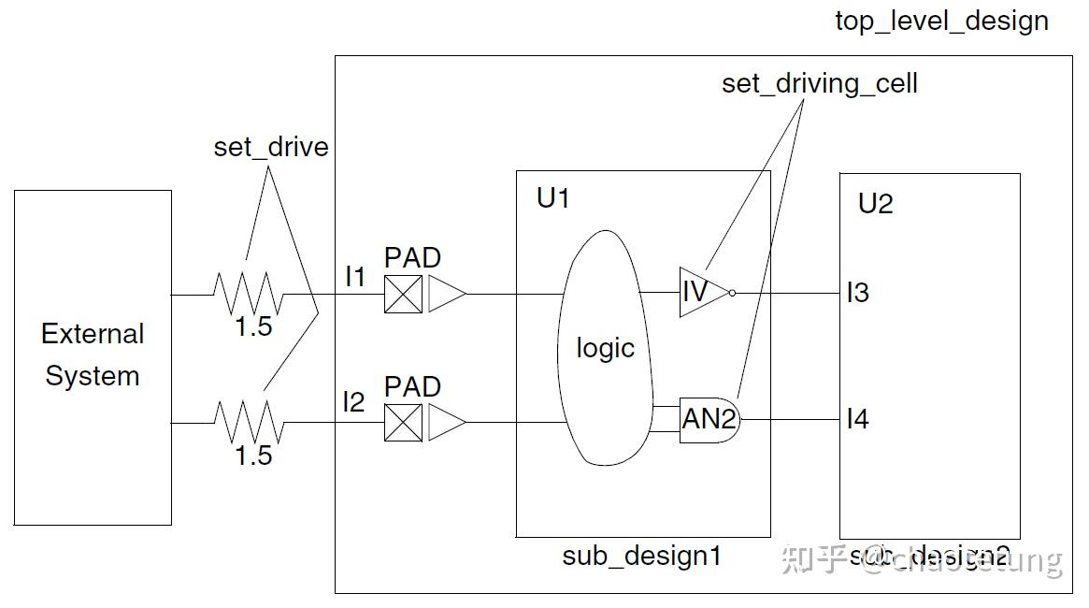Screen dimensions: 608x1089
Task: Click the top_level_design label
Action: (941, 22)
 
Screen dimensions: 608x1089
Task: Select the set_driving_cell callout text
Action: (819, 83)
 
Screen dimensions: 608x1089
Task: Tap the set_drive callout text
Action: (271, 147)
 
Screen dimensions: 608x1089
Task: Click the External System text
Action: (93, 355)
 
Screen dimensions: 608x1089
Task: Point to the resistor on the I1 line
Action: (248, 294)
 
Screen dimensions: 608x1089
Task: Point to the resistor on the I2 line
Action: (248, 422)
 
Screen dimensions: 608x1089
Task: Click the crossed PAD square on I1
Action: (403, 295)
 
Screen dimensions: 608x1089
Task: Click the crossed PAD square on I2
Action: (403, 423)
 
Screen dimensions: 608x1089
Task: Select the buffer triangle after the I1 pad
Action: (447, 295)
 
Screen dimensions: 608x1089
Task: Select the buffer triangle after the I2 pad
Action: (447, 423)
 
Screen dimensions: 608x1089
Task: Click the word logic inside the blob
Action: (605, 348)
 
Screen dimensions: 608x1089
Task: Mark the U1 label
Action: (552, 198)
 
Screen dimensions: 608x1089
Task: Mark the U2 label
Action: (875, 204)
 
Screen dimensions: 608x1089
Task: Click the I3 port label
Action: (857, 293)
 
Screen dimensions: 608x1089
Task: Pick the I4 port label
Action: (857, 419)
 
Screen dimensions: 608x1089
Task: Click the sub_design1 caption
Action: (641, 556)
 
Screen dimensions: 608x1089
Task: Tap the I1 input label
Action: (356, 277)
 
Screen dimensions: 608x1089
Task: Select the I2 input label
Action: (353, 402)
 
